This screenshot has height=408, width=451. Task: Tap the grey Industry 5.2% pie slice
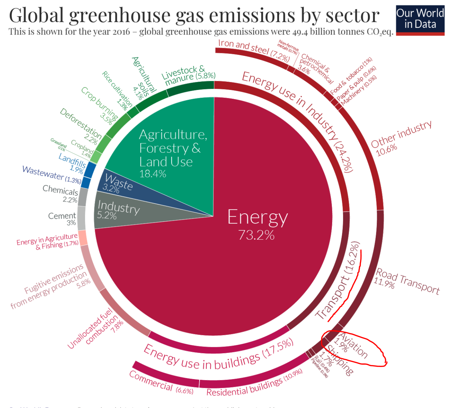(x=118, y=210)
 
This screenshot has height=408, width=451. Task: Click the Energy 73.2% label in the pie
(x=257, y=224)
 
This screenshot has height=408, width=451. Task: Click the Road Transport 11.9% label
(x=407, y=281)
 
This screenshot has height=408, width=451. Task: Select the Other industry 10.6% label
(x=400, y=138)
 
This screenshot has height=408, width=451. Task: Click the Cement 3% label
(x=62, y=219)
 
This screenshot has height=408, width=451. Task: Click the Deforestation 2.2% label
(x=81, y=126)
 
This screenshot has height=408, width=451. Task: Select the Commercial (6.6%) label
(x=161, y=383)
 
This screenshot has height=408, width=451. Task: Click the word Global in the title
(x=36, y=15)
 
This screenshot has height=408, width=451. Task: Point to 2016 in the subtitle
(x=121, y=32)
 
